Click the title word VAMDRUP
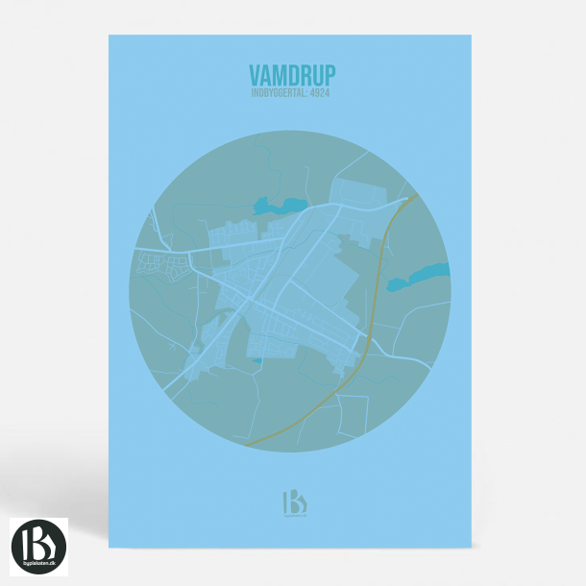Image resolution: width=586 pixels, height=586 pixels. click(292, 75)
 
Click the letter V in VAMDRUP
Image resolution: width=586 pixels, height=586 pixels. click(255, 75)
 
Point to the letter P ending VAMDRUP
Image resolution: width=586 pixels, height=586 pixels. click(330, 75)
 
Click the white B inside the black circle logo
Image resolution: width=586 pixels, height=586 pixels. click(39, 541)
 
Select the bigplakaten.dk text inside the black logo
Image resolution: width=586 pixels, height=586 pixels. click(39, 563)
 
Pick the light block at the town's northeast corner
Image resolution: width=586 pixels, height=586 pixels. click(360, 192)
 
